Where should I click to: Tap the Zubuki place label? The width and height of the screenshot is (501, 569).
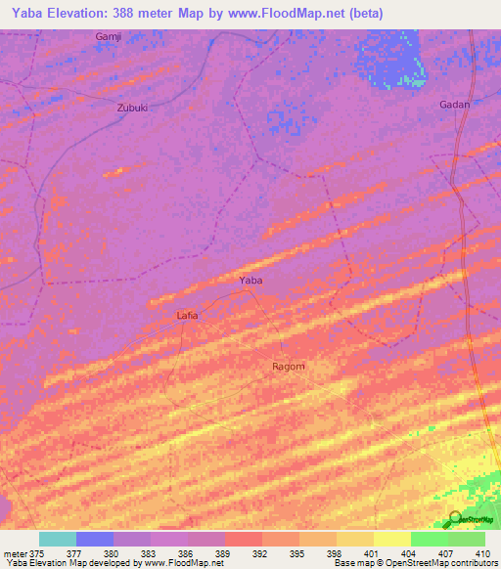click(x=132, y=108)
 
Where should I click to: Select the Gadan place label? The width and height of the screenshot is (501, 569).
click(x=456, y=105)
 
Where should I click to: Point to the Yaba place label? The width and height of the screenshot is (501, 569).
click(x=251, y=281)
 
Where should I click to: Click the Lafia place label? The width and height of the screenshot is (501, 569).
click(x=187, y=315)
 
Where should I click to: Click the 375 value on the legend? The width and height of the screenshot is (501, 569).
click(x=37, y=552)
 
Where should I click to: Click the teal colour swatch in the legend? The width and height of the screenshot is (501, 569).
click(x=58, y=539)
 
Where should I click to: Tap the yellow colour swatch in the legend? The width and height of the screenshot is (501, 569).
click(x=392, y=539)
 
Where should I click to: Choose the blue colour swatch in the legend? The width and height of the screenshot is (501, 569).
click(x=95, y=539)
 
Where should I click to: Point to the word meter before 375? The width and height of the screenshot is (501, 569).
click(x=16, y=552)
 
